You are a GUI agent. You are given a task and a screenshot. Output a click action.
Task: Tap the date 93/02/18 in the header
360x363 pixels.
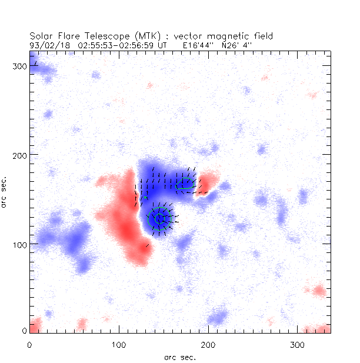47,44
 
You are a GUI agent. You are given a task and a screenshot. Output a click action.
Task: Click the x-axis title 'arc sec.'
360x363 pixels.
180,357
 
